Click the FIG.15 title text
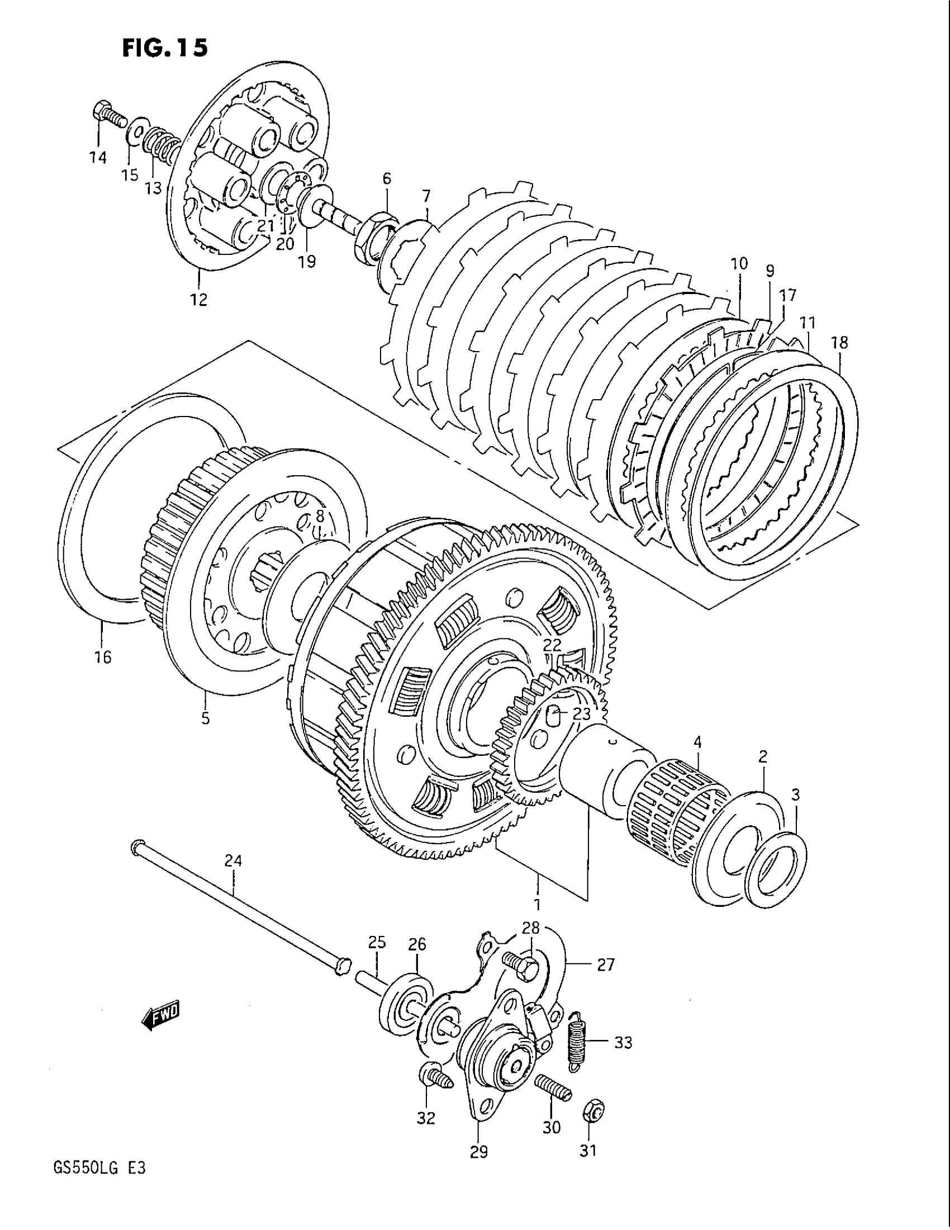click(x=165, y=48)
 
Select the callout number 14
click(x=98, y=158)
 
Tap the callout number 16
click(x=103, y=657)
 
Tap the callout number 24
click(x=233, y=861)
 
